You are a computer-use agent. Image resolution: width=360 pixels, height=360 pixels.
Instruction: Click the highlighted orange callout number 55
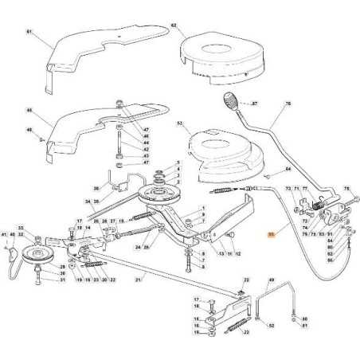point(271,235)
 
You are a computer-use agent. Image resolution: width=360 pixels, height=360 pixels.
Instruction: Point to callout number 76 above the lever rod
point(288,103)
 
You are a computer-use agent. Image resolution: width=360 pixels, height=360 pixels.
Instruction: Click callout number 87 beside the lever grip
point(255,104)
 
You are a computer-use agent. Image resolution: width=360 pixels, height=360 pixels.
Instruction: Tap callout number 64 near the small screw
point(288,169)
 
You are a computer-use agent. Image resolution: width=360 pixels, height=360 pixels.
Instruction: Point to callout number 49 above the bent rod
point(272,280)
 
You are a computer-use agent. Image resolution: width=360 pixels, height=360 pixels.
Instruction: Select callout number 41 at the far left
point(5,235)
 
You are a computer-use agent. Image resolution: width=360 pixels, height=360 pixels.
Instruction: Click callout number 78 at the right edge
point(346,189)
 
